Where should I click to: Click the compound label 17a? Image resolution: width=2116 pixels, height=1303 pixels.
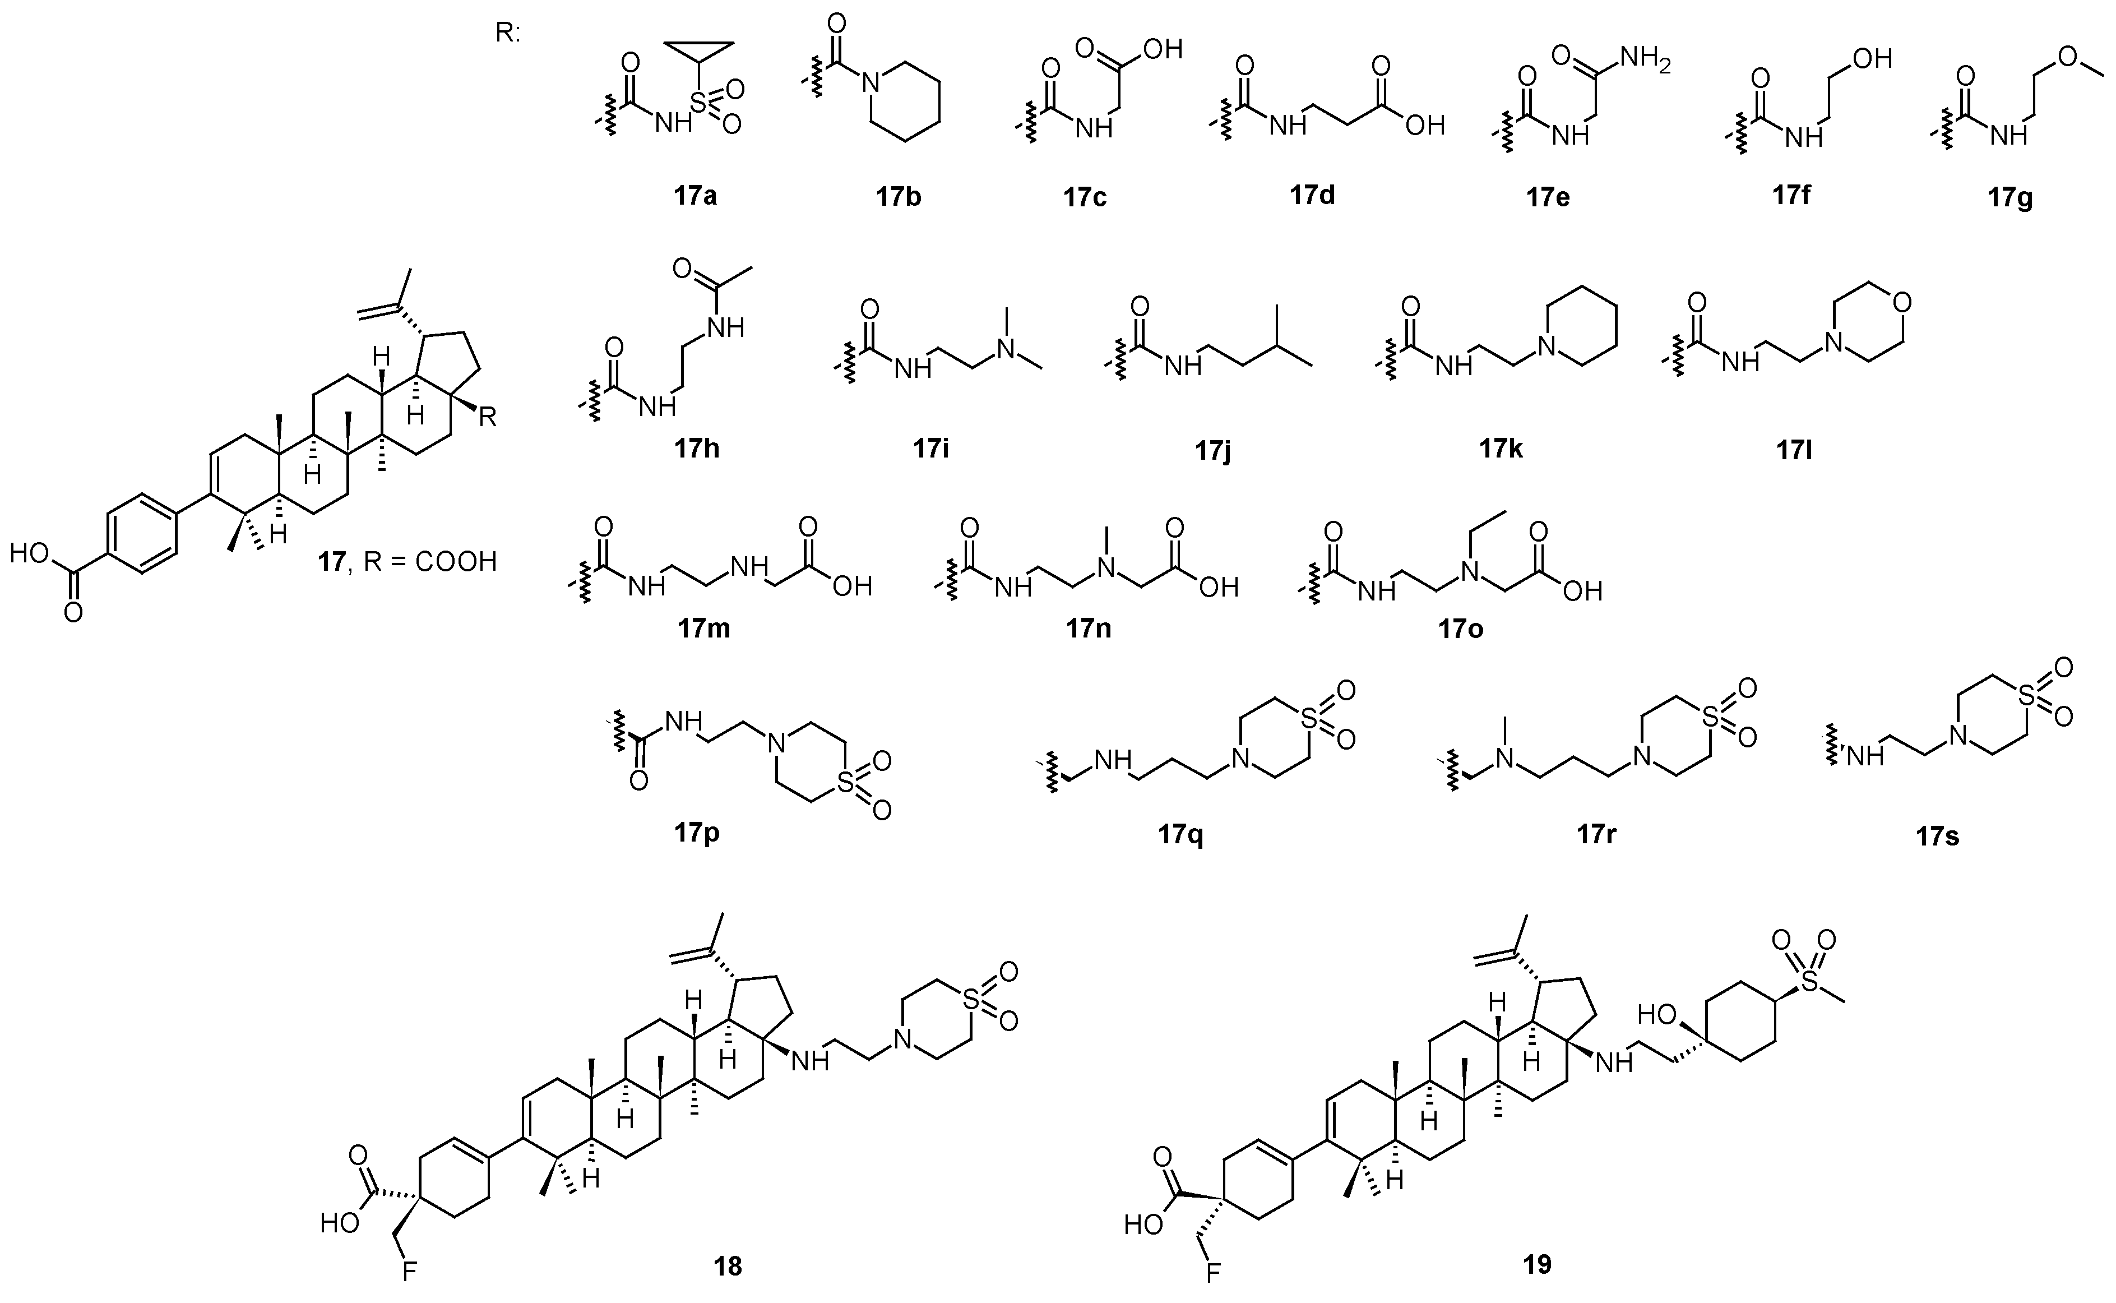coord(695,196)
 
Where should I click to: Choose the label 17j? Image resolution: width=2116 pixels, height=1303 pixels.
coord(1212,450)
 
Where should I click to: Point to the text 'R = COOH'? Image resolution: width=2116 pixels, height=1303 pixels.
coord(431,562)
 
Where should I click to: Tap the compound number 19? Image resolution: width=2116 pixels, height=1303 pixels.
coord(1537,1264)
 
